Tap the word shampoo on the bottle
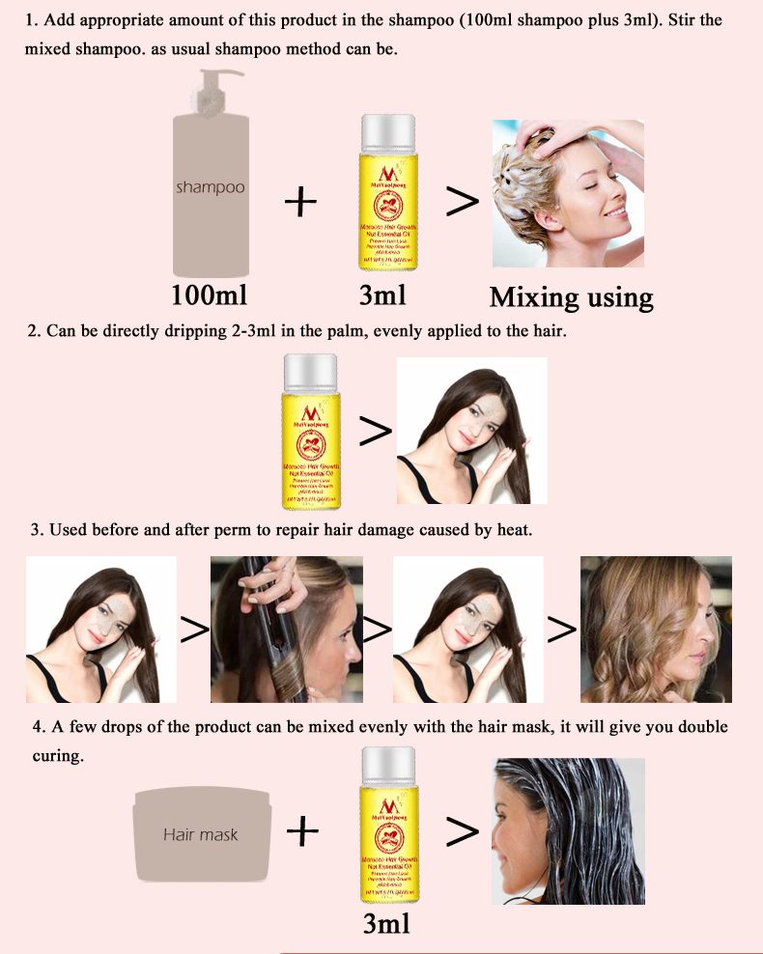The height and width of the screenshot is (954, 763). tap(210, 186)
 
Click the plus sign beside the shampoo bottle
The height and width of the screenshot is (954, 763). tap(301, 202)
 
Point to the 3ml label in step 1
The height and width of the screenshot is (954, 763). tap(382, 295)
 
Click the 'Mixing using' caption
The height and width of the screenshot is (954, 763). tap(571, 296)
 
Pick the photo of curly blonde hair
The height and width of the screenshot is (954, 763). tap(655, 629)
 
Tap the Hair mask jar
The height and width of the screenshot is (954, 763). tap(202, 833)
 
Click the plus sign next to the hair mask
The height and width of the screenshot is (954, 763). tap(302, 830)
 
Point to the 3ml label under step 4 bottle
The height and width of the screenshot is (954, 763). tap(386, 924)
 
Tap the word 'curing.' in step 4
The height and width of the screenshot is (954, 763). tap(56, 756)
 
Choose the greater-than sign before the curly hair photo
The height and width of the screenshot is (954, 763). tap(561, 630)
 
